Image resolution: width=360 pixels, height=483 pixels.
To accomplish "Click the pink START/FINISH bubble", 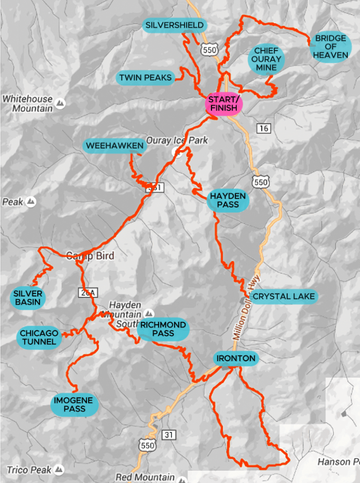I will (x=224, y=104).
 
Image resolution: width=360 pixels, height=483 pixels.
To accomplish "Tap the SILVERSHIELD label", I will (x=175, y=25).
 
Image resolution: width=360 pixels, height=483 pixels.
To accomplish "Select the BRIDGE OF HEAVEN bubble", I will (x=330, y=46).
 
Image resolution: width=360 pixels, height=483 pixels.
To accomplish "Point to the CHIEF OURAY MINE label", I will (x=268, y=59).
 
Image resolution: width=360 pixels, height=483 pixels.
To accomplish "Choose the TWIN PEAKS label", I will (x=145, y=77).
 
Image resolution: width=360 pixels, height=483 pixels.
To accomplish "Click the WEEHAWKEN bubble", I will (x=114, y=146).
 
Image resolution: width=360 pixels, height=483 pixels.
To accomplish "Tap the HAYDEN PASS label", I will (x=228, y=200).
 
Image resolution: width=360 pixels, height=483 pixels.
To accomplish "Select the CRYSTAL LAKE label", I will (x=284, y=297).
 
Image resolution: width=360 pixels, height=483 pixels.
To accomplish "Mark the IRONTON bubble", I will (x=235, y=358).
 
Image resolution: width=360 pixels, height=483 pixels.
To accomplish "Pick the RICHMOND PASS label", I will (x=163, y=329).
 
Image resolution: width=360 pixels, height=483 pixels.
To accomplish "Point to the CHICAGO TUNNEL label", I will (x=39, y=337).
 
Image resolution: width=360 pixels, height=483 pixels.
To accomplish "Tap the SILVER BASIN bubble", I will (x=28, y=297).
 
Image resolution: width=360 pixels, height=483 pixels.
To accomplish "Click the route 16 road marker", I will (x=264, y=128).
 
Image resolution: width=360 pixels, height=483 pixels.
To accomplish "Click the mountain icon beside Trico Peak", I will (x=59, y=469).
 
